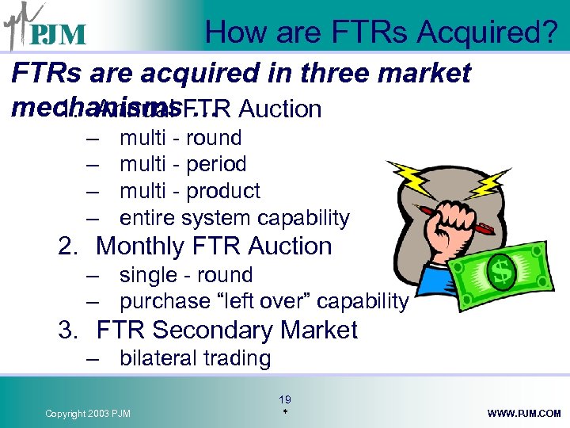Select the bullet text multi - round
(180, 138)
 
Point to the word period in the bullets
(215, 164)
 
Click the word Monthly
(140, 246)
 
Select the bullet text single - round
(185, 275)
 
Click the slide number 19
(285, 400)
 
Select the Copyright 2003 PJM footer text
(89, 414)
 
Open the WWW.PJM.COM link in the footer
(524, 414)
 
